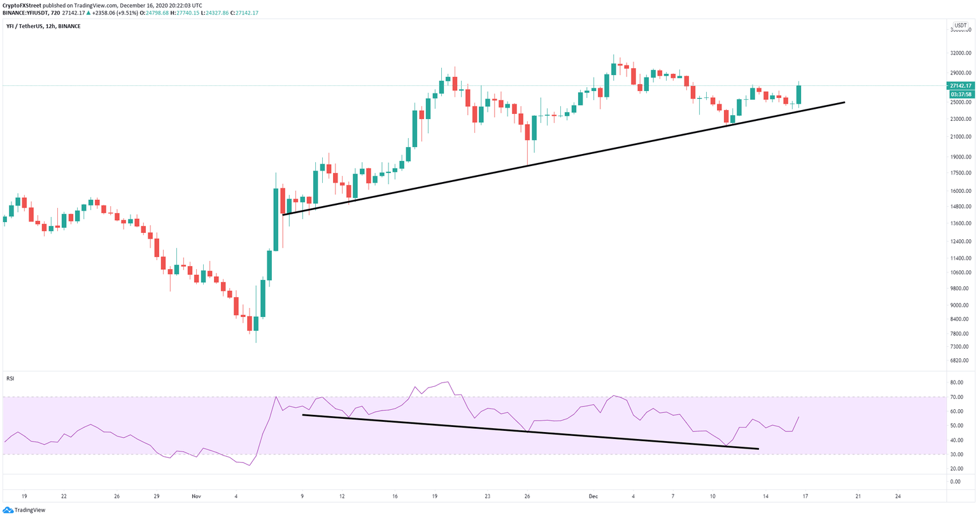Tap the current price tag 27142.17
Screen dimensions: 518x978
tap(960, 85)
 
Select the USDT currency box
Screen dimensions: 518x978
tap(960, 25)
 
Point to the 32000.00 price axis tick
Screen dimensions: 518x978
tap(960, 53)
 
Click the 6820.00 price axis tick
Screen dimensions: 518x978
tap(960, 361)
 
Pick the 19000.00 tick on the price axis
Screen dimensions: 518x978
tap(960, 157)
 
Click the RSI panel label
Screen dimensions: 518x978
tap(10, 379)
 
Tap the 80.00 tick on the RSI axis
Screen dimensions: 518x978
tap(956, 383)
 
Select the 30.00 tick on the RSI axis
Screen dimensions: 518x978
tap(956, 454)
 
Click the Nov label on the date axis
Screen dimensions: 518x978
tap(196, 496)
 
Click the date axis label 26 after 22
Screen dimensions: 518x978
tap(117, 496)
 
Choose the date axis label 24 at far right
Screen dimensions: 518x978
tap(898, 496)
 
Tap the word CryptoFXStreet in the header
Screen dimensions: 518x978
tap(22, 5)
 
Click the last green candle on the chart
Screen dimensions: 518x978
tap(798, 95)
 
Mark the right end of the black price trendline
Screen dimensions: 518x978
tap(844, 102)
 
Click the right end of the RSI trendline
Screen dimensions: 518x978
tap(758, 449)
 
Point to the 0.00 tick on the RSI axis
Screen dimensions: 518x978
tap(955, 482)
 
